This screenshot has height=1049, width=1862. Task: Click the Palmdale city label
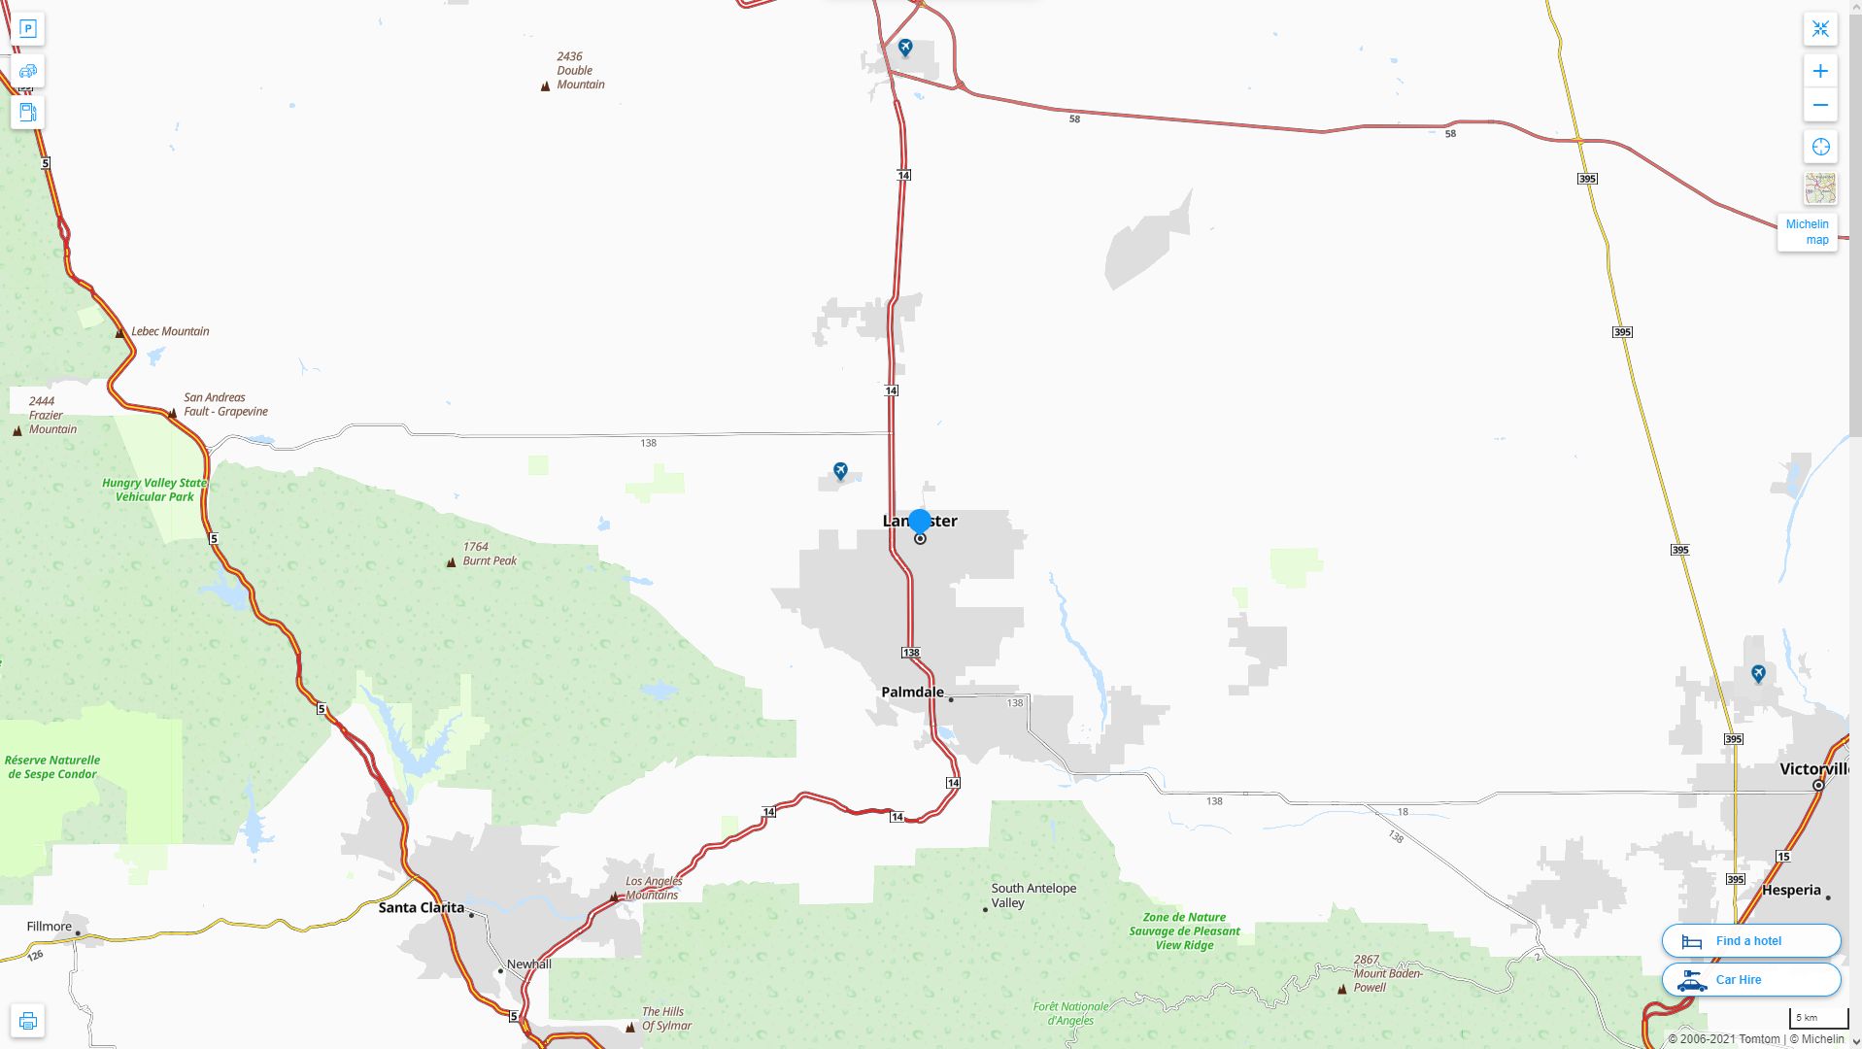(x=912, y=693)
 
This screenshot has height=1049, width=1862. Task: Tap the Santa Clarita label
(x=421, y=907)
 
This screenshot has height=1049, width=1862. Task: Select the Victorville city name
(x=1813, y=769)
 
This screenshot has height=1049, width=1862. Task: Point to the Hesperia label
(x=1791, y=890)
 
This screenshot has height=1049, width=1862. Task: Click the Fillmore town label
(x=50, y=926)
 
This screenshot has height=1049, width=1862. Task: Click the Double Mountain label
(x=580, y=71)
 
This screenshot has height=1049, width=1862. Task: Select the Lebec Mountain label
(x=170, y=331)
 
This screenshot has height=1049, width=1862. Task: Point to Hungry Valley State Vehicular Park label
(x=154, y=490)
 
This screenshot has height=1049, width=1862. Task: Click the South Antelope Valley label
(x=1033, y=896)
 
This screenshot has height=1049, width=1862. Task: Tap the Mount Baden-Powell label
(x=1387, y=973)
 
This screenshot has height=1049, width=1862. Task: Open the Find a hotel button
(x=1750, y=940)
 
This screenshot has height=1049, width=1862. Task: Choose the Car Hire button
(x=1750, y=979)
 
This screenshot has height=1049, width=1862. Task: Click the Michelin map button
(x=1807, y=232)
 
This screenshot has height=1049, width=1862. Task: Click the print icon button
(x=28, y=1021)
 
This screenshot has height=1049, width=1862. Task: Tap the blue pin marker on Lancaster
(x=919, y=522)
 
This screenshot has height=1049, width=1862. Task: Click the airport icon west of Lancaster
(x=840, y=471)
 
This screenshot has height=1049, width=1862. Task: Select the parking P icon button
(x=28, y=29)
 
